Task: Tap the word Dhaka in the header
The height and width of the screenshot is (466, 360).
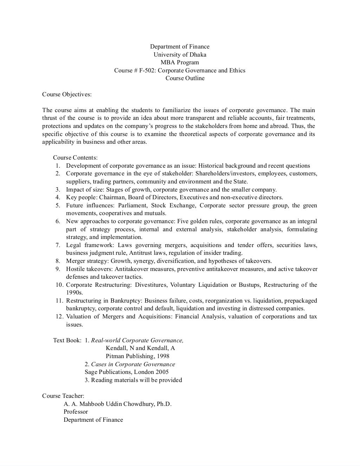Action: [198, 54]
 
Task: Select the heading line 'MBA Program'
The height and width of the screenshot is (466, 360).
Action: [180, 63]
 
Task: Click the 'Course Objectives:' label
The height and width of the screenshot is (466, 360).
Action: [67, 95]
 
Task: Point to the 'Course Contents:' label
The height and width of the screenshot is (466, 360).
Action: [75, 158]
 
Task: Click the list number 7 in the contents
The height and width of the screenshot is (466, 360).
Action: [58, 245]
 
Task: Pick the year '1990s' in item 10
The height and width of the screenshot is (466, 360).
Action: [74, 293]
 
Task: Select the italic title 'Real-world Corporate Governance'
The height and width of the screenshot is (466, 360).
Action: [137, 340]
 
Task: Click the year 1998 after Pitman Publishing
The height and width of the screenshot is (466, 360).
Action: [163, 356]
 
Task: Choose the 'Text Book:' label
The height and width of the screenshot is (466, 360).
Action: [67, 340]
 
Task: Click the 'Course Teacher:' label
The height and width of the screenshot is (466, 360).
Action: [63, 396]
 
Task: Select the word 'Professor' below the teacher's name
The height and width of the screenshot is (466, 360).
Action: [76, 412]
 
